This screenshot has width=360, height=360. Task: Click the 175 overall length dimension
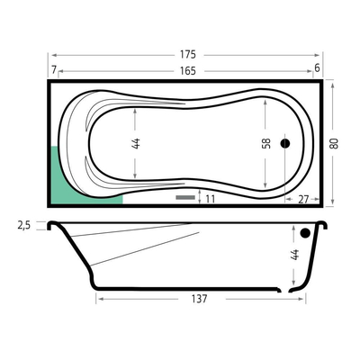pyautogui.click(x=188, y=55)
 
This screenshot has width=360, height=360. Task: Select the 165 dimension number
pyautogui.click(x=188, y=71)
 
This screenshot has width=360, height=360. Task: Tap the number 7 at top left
pyautogui.click(x=54, y=69)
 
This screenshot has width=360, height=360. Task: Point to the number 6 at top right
pyautogui.click(x=317, y=68)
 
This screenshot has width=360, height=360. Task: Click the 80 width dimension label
pyautogui.click(x=334, y=143)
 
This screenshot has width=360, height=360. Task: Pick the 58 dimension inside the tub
pyautogui.click(x=266, y=143)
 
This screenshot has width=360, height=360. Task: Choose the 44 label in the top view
pyautogui.click(x=136, y=144)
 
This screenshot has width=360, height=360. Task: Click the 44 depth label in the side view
pyautogui.click(x=295, y=255)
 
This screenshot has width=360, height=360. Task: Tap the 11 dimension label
pyautogui.click(x=211, y=199)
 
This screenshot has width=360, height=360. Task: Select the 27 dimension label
pyautogui.click(x=303, y=200)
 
